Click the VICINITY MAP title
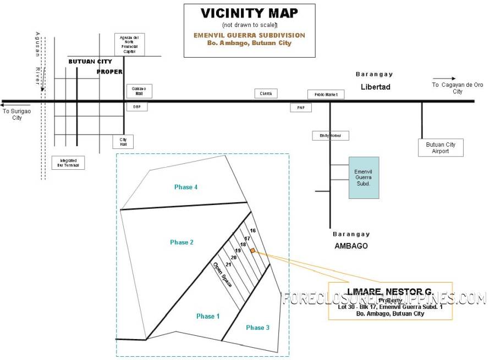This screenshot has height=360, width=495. click(x=249, y=13)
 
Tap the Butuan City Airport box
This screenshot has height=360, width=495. click(x=441, y=147)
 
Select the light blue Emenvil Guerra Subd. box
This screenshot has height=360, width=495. click(x=364, y=178)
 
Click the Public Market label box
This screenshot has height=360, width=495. click(x=326, y=95)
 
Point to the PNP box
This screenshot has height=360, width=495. click(x=301, y=108)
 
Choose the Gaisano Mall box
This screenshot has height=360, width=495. click(x=139, y=91)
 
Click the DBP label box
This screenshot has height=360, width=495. click(x=136, y=107)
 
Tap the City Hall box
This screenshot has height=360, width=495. click(x=123, y=142)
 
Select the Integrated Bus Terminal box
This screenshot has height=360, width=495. click(x=69, y=162)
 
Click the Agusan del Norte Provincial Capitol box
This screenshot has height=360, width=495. click(x=129, y=45)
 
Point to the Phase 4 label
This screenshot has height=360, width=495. click(x=186, y=187)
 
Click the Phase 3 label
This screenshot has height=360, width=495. click(x=257, y=328)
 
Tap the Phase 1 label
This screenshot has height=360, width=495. click(x=208, y=316)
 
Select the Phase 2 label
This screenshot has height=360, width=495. click(x=182, y=242)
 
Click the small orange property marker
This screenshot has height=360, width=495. click(x=252, y=251)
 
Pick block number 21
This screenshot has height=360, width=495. click(x=228, y=265)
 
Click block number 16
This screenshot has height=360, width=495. click(x=253, y=230)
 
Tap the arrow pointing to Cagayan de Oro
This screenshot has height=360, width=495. click(x=444, y=79)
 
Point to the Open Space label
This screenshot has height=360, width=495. click(x=222, y=274)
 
